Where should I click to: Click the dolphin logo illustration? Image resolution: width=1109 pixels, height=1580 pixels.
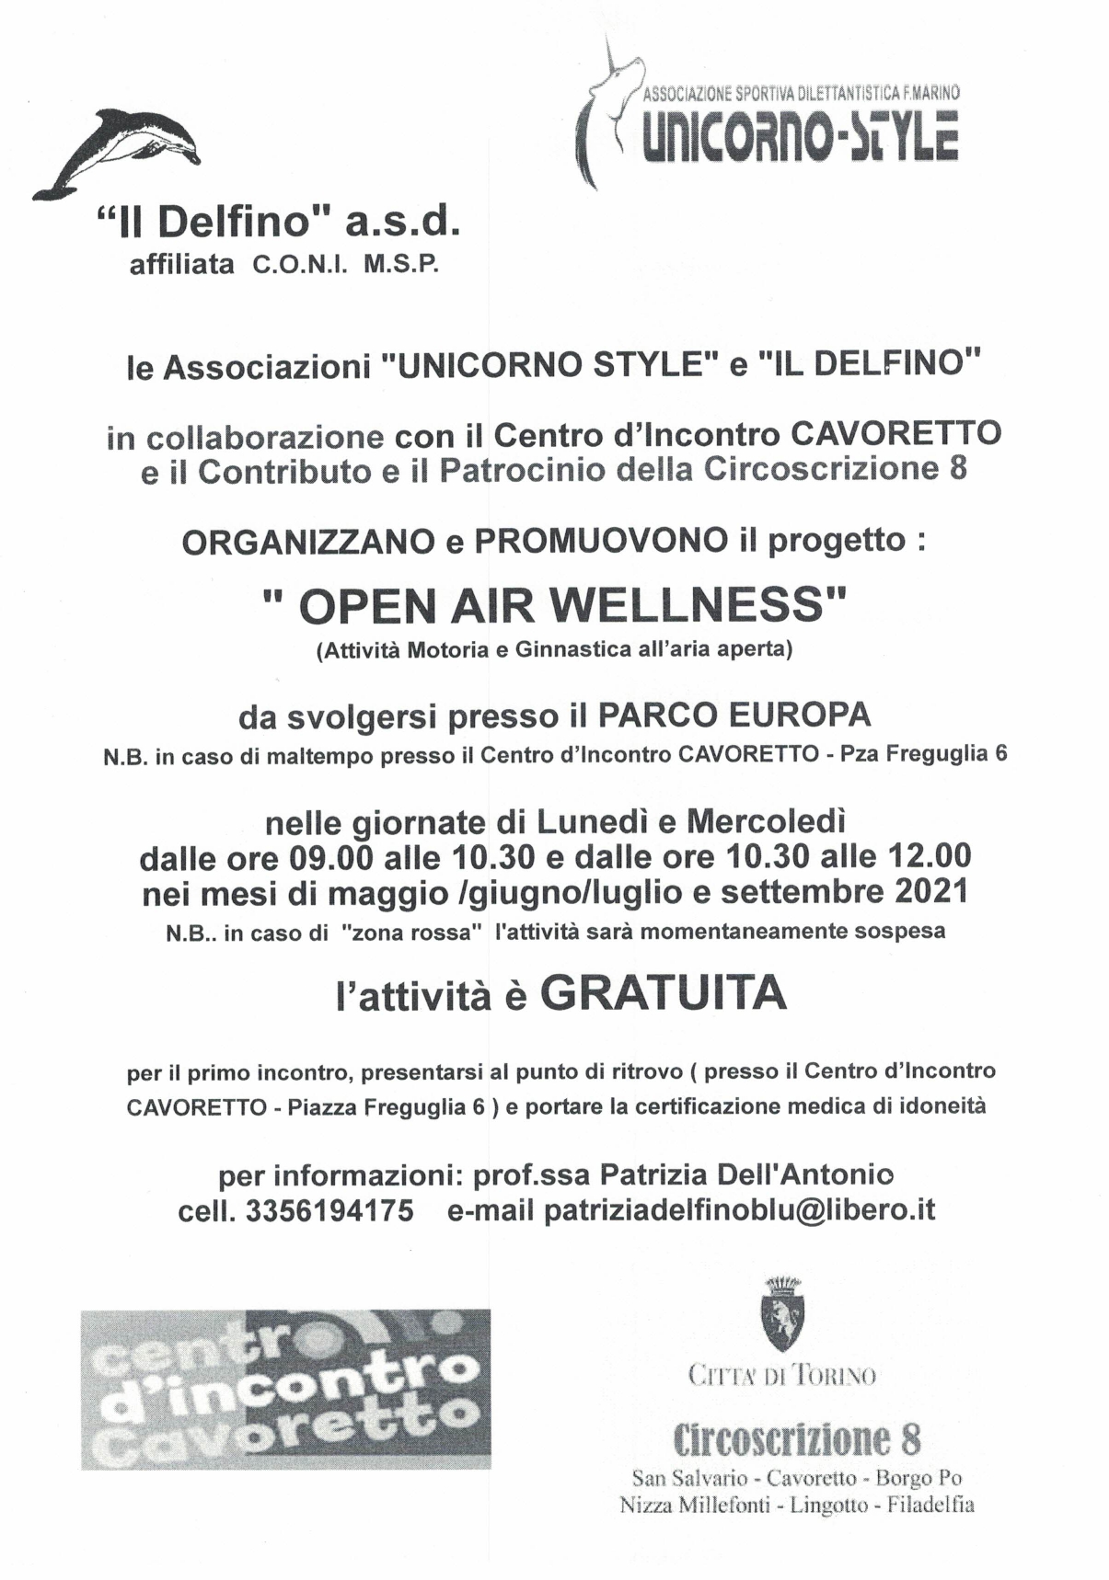point(118,153)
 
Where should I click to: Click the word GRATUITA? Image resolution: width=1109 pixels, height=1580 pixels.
point(663,994)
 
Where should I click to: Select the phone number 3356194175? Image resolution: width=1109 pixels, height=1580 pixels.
point(329,1210)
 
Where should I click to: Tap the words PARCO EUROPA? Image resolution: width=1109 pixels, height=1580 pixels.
point(734,715)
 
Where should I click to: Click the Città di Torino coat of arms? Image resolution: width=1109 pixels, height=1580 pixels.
point(782,1313)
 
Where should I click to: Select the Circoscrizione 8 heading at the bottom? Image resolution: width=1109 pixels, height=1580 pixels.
point(797,1438)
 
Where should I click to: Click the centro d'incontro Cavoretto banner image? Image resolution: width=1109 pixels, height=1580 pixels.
point(285,1389)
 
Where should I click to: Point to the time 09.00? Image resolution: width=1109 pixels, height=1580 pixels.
point(331,857)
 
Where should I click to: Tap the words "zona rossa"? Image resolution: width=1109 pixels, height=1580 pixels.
point(411,933)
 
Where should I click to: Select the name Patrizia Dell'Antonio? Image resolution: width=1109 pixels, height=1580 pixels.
point(745,1174)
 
